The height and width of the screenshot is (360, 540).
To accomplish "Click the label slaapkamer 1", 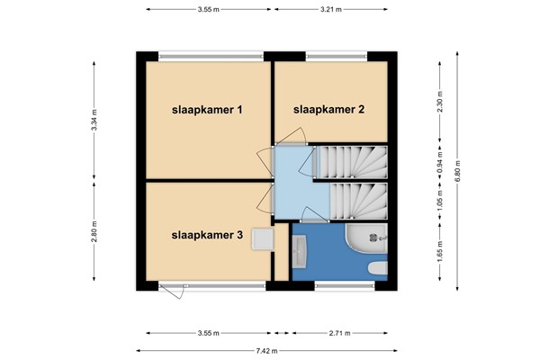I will pos(208,110).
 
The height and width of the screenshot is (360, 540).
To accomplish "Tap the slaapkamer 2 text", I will pos(328,110).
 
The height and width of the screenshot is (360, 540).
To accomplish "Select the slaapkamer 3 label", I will pos(208,236).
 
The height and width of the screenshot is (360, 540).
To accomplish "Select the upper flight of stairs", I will pos(352,160).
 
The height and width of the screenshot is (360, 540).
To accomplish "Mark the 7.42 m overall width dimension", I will pos(267,350).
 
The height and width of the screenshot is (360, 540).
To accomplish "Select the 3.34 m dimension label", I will pos(94,121).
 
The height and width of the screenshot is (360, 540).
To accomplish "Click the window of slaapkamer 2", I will pos(337,58).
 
